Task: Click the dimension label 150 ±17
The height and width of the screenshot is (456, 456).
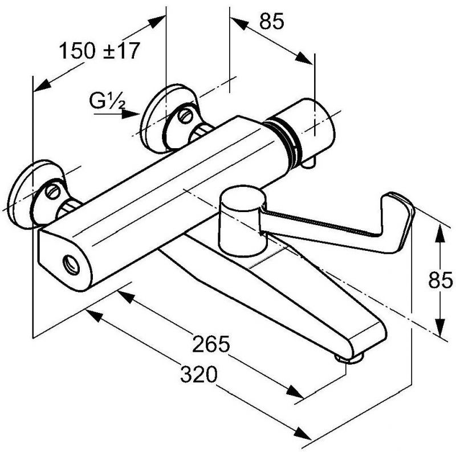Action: (99, 51)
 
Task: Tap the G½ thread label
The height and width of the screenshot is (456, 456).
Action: (107, 101)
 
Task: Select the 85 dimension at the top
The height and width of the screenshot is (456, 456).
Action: (271, 21)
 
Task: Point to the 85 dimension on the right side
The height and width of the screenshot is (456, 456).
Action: (440, 280)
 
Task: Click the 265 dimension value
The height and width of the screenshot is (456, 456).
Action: (211, 344)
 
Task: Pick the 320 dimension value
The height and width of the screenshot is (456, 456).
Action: (199, 374)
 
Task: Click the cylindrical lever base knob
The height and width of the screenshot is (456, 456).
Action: (242, 222)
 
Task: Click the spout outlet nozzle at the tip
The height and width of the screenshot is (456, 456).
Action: (349, 359)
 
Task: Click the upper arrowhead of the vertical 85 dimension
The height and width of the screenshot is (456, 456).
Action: (440, 234)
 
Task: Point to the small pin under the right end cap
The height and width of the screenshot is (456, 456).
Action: (308, 164)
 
